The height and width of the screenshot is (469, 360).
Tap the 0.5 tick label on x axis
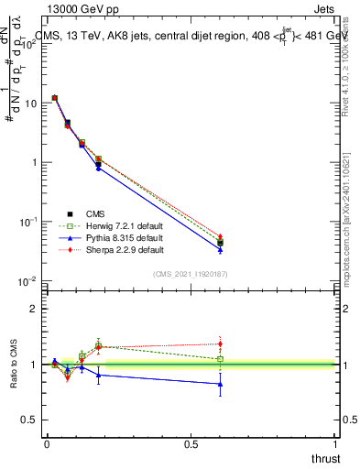191,444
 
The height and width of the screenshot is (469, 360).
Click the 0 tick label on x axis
47,444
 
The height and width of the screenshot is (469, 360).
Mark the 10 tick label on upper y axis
32,104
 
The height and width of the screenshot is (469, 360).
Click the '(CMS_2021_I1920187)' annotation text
191,273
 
